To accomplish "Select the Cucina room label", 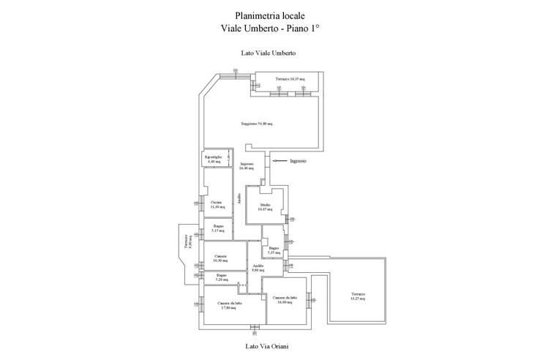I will pyautogui.click(x=216, y=204).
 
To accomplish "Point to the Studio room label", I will pyautogui.click(x=265, y=207).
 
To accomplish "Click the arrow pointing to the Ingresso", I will pyautogui.click(x=277, y=161).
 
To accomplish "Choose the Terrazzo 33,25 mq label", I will pyautogui.click(x=357, y=296).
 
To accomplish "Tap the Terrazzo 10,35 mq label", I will pyautogui.click(x=290, y=79).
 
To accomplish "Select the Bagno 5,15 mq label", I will pyautogui.click(x=218, y=228).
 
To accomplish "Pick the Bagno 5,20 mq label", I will pyautogui.click(x=221, y=277).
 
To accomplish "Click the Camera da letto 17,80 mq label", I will pyautogui.click(x=230, y=305).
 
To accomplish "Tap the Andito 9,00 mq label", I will pyautogui.click(x=258, y=268).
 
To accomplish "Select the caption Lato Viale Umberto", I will pyautogui.click(x=268, y=53).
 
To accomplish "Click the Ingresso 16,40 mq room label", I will pyautogui.click(x=247, y=165).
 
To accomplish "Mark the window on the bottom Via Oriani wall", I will pyautogui.click(x=254, y=326).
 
